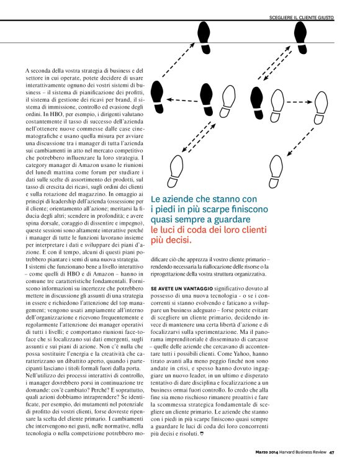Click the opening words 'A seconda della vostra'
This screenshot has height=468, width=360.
click(53, 71)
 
